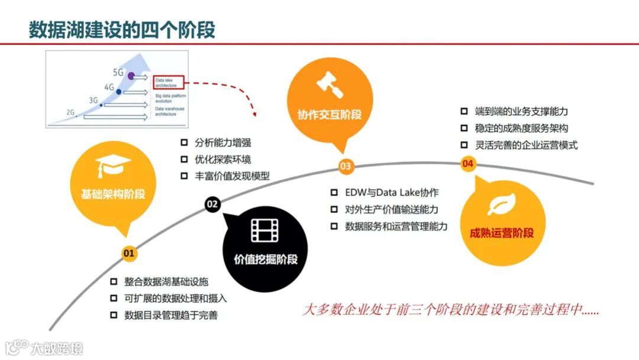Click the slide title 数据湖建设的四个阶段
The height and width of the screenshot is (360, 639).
122,29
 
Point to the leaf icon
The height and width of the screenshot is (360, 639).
501,204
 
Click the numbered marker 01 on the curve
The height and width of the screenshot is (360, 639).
129,253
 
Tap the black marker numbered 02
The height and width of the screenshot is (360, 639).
212,204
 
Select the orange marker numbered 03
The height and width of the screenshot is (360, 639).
346,166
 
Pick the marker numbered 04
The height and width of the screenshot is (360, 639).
468,163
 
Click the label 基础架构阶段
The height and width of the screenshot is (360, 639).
113,194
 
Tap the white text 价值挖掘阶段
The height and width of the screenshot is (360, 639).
265,259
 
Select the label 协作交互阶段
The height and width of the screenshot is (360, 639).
330,114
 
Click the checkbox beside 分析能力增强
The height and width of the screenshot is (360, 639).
183,143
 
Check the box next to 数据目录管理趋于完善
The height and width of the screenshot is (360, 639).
114,315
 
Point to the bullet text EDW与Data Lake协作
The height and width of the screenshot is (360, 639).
392,193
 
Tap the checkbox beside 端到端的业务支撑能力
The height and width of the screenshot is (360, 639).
464,111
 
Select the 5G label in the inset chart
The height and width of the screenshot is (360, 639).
118,72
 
